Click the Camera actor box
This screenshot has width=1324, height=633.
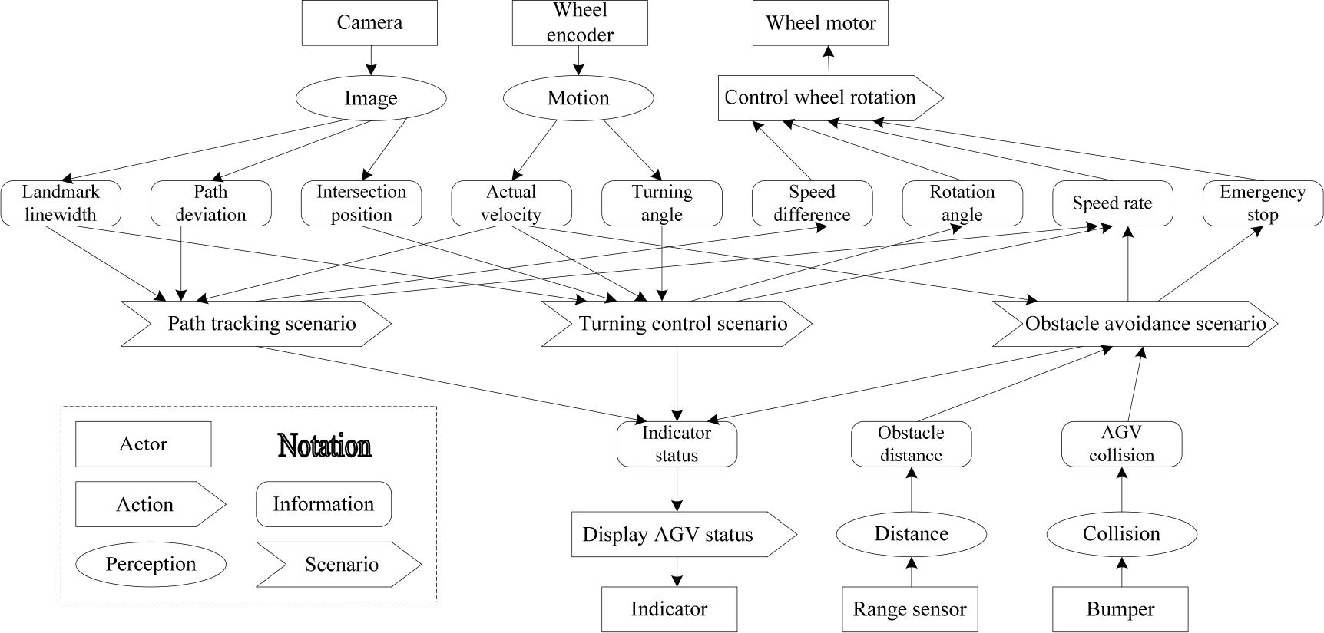coord(370,23)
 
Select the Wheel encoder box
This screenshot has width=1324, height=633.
coord(580,23)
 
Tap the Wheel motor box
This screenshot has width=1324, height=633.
coord(820,23)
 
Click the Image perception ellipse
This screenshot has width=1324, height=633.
coord(371,98)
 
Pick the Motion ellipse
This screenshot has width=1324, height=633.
coord(578,98)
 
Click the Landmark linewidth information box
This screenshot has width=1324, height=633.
coord(61,203)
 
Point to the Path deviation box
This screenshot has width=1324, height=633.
coord(211,203)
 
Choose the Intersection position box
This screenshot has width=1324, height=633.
coord(362,203)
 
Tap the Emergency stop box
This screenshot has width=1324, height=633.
coord(1263,203)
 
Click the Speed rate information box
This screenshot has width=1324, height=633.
coord(1113,203)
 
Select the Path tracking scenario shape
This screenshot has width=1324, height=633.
coord(257,324)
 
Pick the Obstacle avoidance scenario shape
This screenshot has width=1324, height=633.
coord(1136,324)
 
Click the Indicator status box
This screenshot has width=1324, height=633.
coord(677,444)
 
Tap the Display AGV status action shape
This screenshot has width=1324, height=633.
coord(684,534)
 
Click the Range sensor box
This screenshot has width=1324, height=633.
coord(910,610)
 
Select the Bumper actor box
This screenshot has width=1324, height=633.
coord(1120,610)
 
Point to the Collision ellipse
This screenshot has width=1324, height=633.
coord(1122,534)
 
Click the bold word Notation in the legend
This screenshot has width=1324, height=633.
coord(325,446)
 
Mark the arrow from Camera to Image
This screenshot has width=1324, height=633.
coord(371,61)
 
